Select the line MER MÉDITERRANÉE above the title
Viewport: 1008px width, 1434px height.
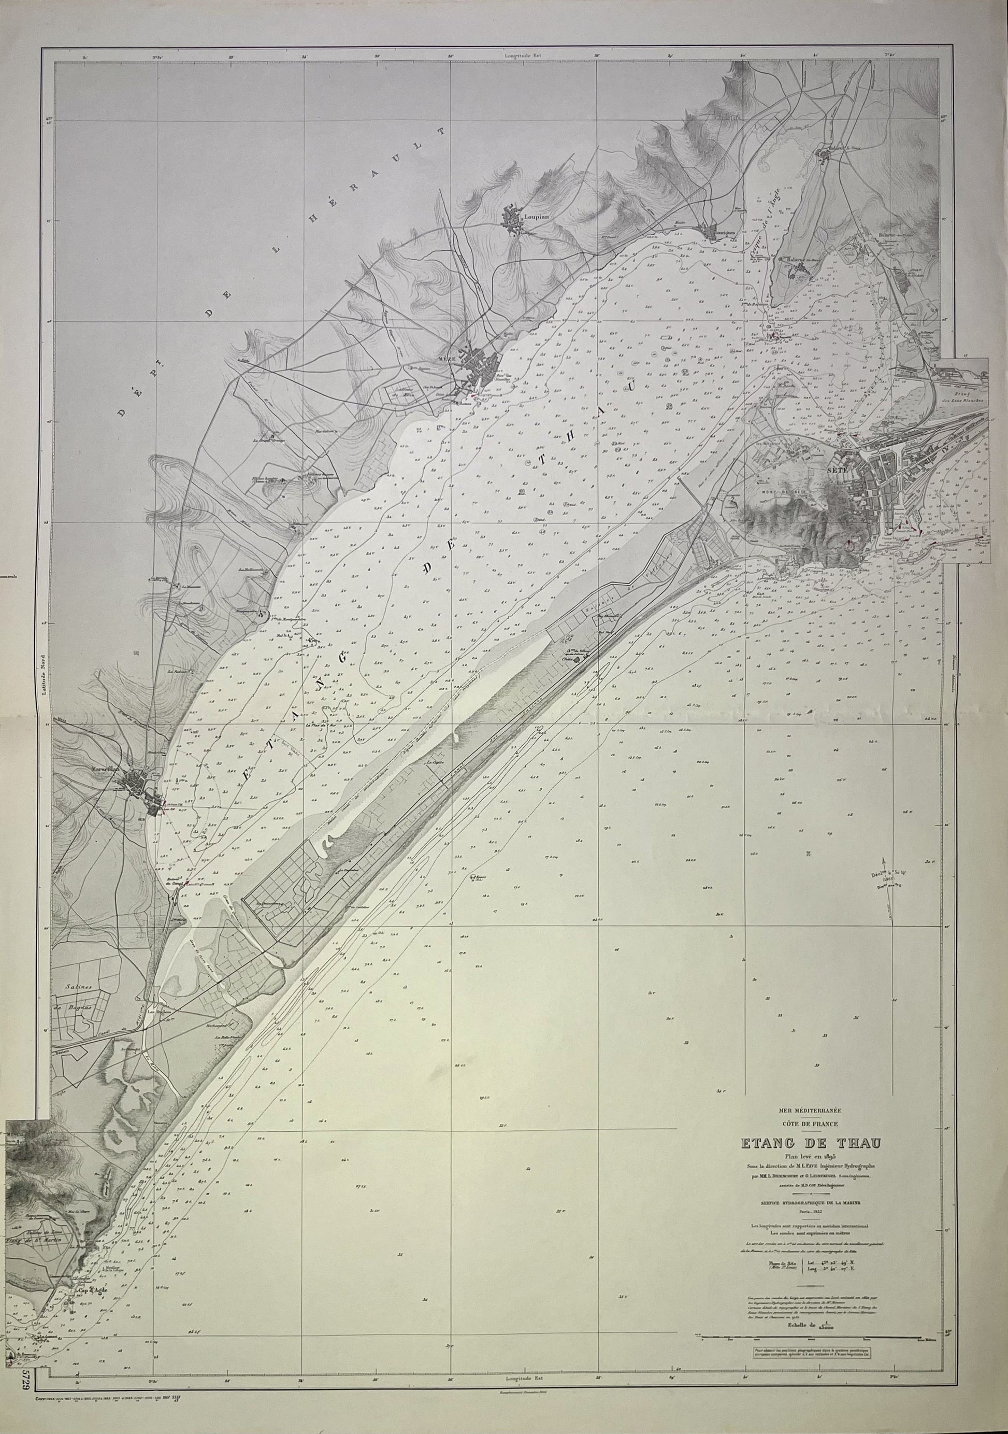(x=810, y=1111)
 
